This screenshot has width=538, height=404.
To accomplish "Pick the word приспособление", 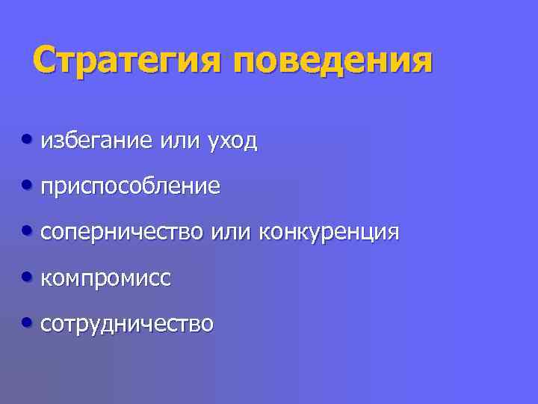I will (131, 187).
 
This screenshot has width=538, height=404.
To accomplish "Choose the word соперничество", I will (121, 233).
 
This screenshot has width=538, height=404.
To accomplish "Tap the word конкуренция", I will (329, 233).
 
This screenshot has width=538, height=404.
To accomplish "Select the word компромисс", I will (106, 279).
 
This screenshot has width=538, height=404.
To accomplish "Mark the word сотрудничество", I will (127, 325).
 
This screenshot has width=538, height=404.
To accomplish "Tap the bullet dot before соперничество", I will (28, 231).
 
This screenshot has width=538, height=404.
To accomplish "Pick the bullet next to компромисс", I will (28, 278).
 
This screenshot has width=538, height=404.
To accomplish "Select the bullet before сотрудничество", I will (28, 323).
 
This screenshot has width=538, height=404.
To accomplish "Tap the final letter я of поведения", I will (421, 62).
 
